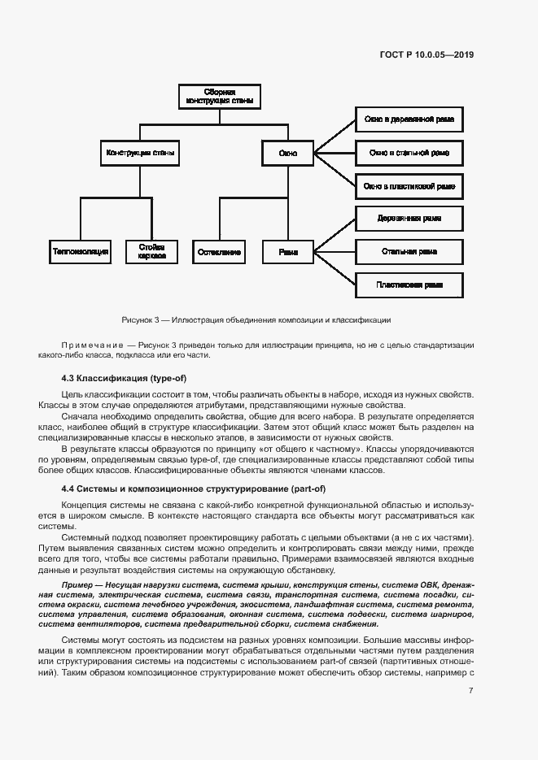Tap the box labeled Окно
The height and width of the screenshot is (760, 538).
[288, 152]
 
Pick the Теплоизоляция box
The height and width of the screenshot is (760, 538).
[80, 252]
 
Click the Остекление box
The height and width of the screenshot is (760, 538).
[219, 252]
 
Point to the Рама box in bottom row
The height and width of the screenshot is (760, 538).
[288, 252]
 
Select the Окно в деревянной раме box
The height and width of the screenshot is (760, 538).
[409, 120]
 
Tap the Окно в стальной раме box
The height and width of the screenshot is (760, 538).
[409, 152]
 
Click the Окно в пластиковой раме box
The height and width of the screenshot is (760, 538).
[409, 185]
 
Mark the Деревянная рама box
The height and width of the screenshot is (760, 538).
[409, 219]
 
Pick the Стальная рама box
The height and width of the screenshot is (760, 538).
[409, 252]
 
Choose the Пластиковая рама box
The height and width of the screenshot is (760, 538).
[409, 284]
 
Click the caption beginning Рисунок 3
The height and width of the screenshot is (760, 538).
[256, 319]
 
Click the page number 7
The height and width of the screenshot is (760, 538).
[471, 690]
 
